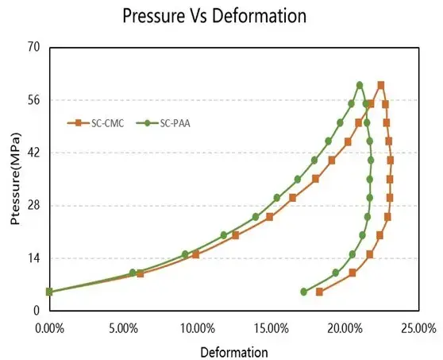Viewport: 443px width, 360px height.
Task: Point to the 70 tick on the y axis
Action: [x=34, y=48]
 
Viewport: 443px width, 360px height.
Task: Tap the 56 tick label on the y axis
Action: [x=34, y=100]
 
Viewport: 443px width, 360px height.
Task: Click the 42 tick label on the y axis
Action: [x=34, y=153]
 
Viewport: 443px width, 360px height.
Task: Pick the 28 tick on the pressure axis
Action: [x=34, y=205]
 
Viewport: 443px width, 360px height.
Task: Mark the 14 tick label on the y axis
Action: [x=34, y=258]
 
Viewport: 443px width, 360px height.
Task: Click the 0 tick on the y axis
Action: [x=37, y=311]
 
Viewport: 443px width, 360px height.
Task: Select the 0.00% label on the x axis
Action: [x=49, y=327]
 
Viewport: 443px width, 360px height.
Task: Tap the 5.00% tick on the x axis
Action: [x=123, y=327]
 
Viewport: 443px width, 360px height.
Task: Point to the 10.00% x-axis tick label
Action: [x=197, y=327]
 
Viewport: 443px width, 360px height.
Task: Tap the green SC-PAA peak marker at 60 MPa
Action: [x=360, y=85]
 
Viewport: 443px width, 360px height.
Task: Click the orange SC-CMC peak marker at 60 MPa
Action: [x=381, y=85]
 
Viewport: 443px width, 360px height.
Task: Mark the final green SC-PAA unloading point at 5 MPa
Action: [x=303, y=292]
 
